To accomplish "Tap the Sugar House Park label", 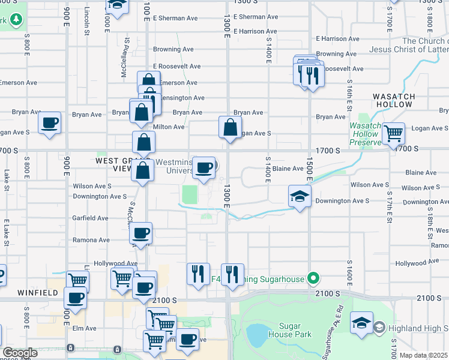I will [x=291, y=329].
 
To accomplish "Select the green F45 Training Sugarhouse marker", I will [x=312, y=278].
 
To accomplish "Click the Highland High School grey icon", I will [x=379, y=328].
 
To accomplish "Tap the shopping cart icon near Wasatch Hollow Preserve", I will [x=393, y=133].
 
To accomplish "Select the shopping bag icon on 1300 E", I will [x=230, y=127].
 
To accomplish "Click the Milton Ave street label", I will [x=170, y=127].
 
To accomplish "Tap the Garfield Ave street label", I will [x=90, y=218].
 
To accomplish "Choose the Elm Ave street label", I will [x=85, y=328].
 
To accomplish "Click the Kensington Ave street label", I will [x=179, y=98].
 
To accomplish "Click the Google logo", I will [x=20, y=353].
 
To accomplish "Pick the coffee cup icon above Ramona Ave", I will [x=142, y=233].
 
